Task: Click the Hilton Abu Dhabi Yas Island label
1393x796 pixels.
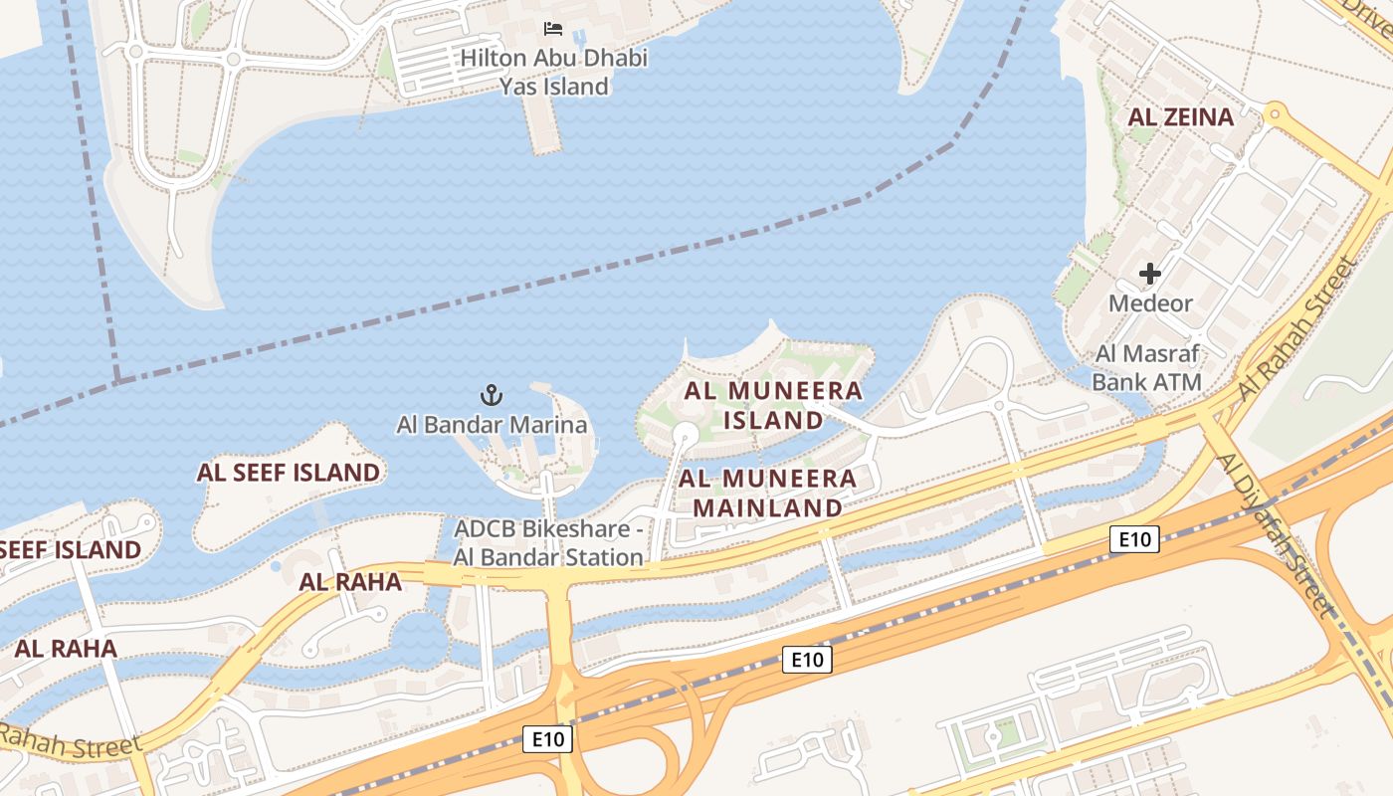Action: (553, 73)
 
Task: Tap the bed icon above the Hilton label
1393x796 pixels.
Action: (553, 29)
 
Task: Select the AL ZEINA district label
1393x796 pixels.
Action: (1180, 116)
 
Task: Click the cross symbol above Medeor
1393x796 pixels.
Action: (1150, 274)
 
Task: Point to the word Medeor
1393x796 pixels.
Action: (1150, 302)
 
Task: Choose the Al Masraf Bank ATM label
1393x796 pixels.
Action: (1147, 368)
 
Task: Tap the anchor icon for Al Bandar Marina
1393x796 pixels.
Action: (492, 396)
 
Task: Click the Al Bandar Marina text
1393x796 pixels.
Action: (492, 425)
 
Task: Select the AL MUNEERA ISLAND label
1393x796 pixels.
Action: (773, 405)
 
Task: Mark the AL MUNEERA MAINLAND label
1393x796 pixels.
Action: (767, 493)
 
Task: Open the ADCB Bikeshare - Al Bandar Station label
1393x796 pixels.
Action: (548, 543)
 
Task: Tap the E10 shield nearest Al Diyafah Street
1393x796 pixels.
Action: (1134, 539)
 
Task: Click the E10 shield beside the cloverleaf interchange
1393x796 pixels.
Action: (547, 739)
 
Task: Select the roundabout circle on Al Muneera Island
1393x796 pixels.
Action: (685, 434)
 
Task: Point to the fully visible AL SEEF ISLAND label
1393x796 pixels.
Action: (289, 473)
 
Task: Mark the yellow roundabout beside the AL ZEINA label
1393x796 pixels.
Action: (1274, 112)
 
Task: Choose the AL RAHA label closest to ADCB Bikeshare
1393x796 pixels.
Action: (350, 582)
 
